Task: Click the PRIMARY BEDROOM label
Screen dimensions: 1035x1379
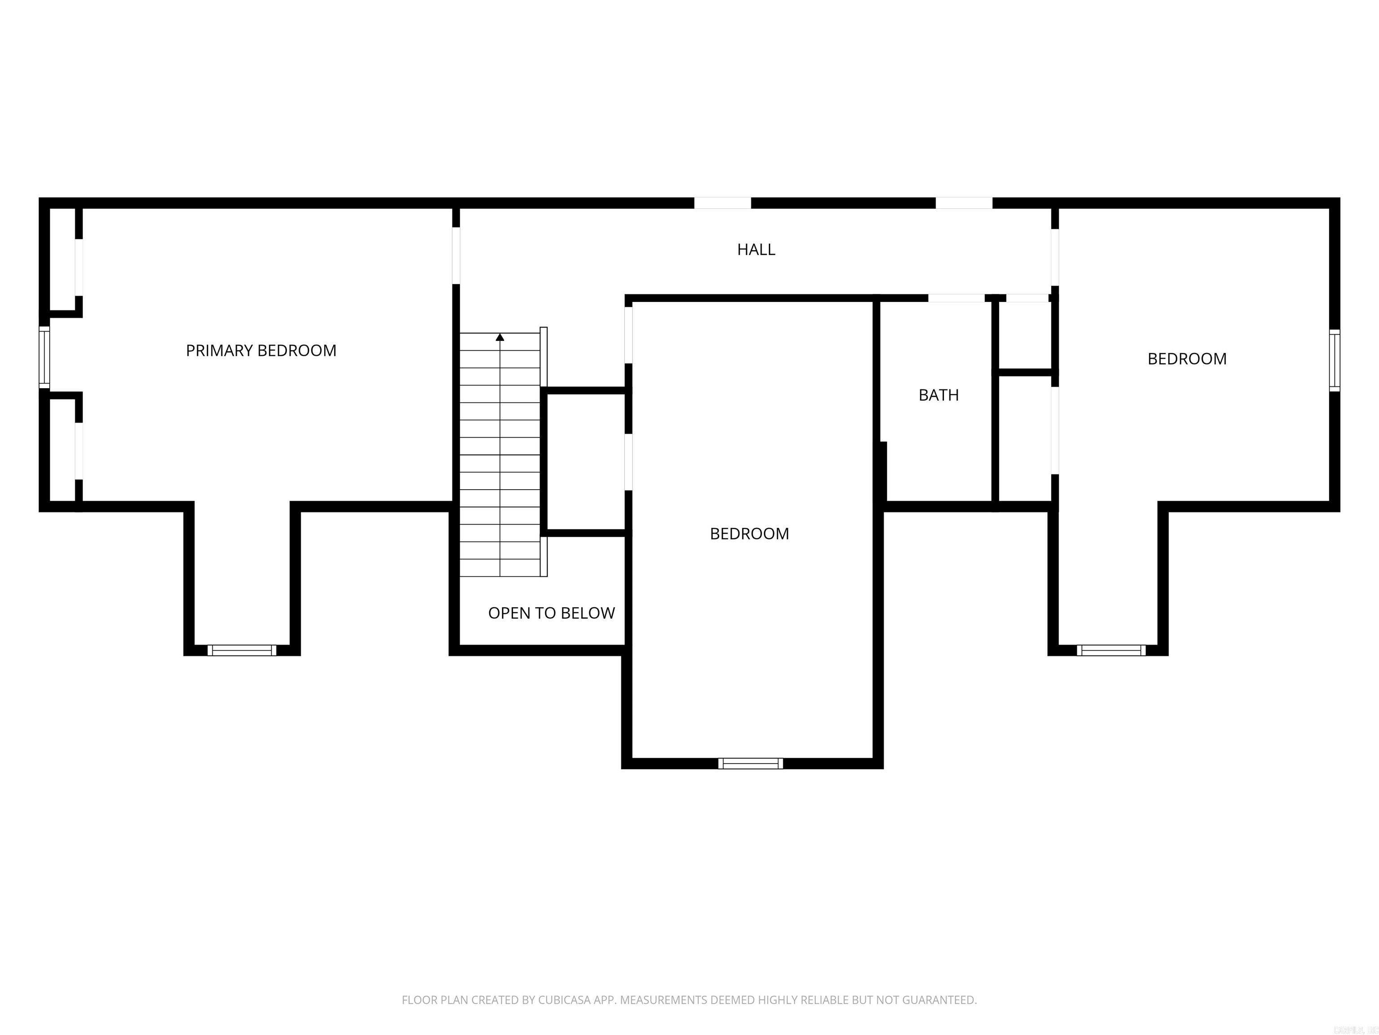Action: tap(261, 350)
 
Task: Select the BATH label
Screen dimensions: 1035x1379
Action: tap(938, 395)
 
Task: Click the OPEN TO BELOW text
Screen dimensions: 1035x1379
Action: tap(551, 613)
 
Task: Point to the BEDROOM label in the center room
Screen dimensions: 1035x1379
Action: tap(749, 533)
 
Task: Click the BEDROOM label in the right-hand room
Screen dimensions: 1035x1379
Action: tap(1186, 359)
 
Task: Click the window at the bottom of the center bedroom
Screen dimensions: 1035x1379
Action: tap(750, 763)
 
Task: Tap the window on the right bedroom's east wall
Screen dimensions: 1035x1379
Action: tap(1334, 361)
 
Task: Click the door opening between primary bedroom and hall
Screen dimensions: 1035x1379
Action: tap(456, 255)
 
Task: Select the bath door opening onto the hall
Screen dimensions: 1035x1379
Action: tap(956, 298)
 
